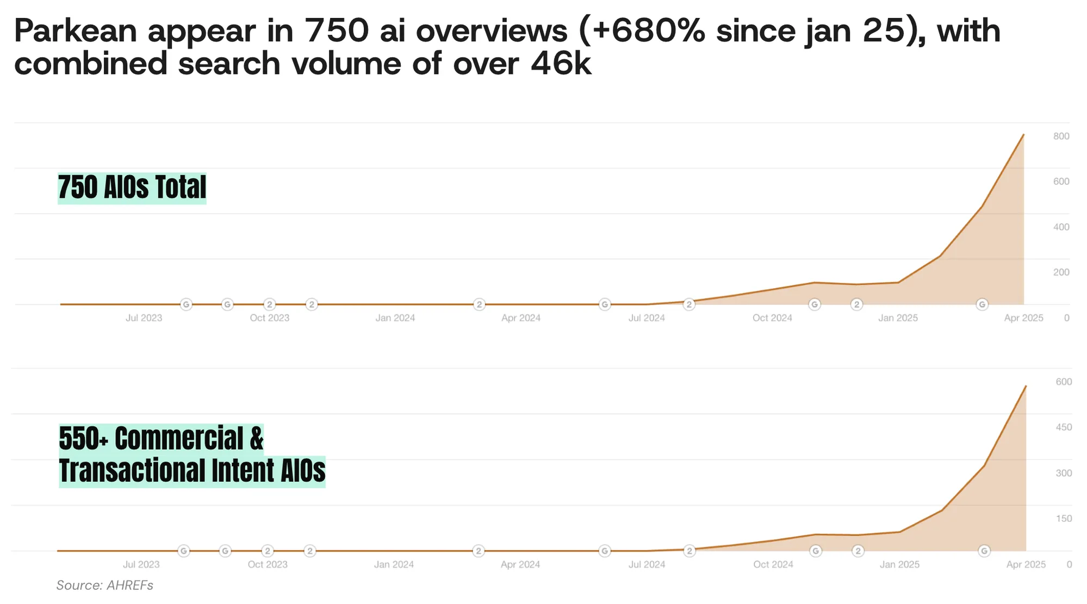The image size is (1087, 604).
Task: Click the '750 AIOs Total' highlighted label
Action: click(x=132, y=188)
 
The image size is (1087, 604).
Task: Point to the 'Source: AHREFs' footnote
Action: click(x=105, y=586)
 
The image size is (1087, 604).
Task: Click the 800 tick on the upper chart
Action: click(x=1061, y=136)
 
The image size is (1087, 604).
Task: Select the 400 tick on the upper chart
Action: click(x=1061, y=227)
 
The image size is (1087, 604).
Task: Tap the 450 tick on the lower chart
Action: click(x=1064, y=427)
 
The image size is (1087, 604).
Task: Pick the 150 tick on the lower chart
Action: click(x=1064, y=519)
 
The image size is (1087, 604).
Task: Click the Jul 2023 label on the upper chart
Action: click(x=144, y=318)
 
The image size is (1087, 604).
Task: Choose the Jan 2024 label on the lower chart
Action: click(x=394, y=565)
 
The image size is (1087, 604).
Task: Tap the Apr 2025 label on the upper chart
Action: click(x=1023, y=318)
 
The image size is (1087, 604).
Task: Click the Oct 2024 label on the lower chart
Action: click(x=773, y=565)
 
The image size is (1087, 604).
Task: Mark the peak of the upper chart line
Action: click(x=1023, y=135)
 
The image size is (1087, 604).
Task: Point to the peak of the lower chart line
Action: click(x=1026, y=386)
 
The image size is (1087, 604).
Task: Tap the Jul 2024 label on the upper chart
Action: click(x=647, y=318)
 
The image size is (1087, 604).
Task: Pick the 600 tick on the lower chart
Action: click(x=1064, y=382)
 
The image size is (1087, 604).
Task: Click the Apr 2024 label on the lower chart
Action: click(x=520, y=565)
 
